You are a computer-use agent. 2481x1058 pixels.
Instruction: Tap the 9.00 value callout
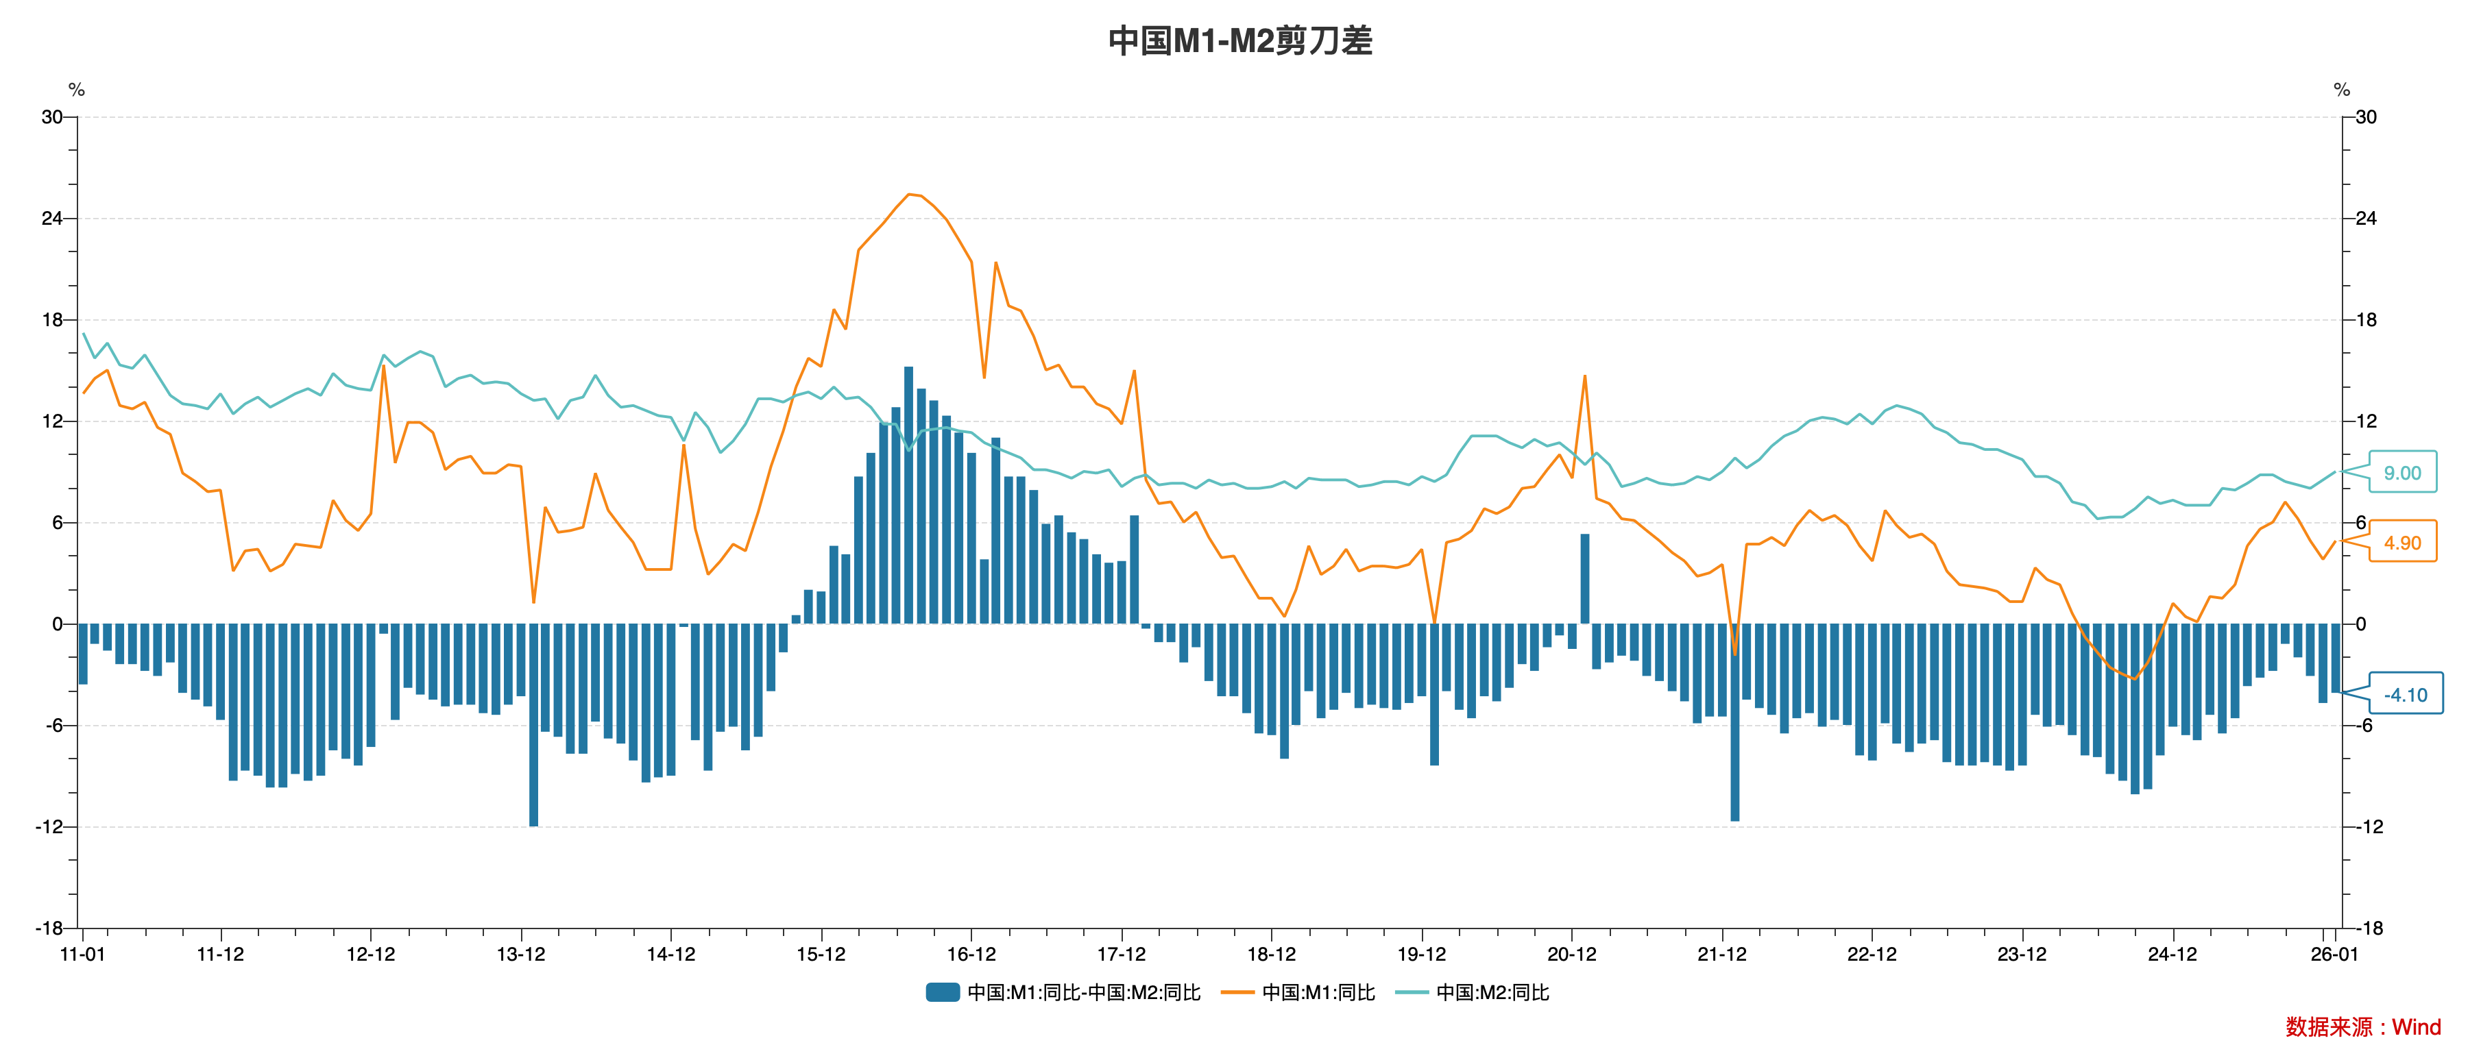(2402, 473)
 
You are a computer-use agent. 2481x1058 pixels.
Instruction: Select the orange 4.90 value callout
(2402, 543)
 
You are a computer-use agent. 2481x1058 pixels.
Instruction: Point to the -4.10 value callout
(2405, 695)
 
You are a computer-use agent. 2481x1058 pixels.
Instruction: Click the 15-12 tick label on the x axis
(821, 954)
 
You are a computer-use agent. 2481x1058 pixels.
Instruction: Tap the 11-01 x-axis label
(83, 954)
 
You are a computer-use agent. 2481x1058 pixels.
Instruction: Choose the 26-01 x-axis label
(2334, 954)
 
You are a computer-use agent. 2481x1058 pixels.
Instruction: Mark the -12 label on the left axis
(48, 827)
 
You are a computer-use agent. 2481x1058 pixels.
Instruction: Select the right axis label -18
(2369, 928)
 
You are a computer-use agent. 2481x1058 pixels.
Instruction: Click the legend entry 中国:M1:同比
(1318, 992)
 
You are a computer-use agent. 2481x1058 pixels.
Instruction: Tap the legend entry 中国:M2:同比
(1492, 992)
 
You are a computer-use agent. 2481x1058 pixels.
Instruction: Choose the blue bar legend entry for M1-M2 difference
(1064, 992)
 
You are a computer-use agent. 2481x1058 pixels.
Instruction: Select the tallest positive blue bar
(908, 496)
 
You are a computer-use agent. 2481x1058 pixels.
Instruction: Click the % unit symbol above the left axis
(77, 90)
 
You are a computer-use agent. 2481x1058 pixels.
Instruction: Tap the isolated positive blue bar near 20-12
(1584, 578)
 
